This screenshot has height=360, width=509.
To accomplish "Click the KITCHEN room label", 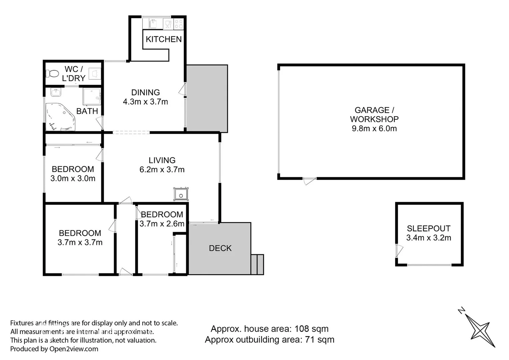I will pos(163,39).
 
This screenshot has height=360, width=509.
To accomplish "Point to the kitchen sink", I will pos(153,24).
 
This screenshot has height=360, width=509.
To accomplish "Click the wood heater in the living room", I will pos(181,194).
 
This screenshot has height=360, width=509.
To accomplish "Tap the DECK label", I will pos(220,248).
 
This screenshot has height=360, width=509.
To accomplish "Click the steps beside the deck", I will pos(257,264).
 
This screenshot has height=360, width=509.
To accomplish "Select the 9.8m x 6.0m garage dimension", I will pos(374,129).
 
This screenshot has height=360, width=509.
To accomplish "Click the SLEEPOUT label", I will pos(429,229).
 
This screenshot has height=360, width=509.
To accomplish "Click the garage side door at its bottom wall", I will pos(309,181).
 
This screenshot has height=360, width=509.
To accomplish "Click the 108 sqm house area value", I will pos(311,329).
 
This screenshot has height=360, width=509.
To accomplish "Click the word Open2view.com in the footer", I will pos(74,349).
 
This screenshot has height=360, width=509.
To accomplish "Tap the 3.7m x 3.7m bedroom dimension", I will pos(80,243).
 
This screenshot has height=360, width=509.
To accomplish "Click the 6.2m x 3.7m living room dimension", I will pos(162,170).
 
